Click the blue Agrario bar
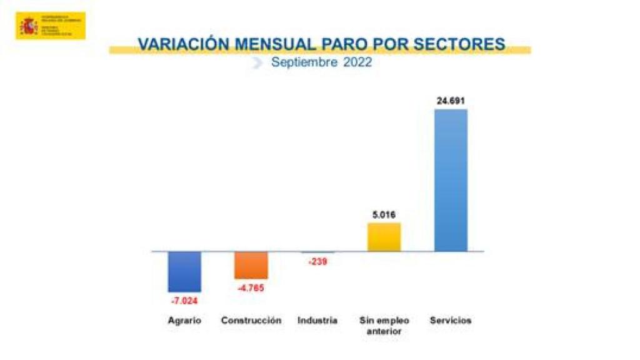(x=184, y=271)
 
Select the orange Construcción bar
(x=251, y=265)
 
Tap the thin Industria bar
(x=317, y=252)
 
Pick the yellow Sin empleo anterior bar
(x=384, y=237)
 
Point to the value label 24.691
(x=451, y=101)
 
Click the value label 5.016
(x=384, y=214)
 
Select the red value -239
(x=317, y=262)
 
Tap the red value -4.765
(x=251, y=288)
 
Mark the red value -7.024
(x=184, y=301)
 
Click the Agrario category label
(x=184, y=321)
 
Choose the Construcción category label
(x=251, y=321)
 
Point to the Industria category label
(x=317, y=321)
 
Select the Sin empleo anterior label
(x=384, y=326)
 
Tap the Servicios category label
(x=451, y=321)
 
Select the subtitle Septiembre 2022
(x=321, y=62)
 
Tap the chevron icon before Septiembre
(x=257, y=62)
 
